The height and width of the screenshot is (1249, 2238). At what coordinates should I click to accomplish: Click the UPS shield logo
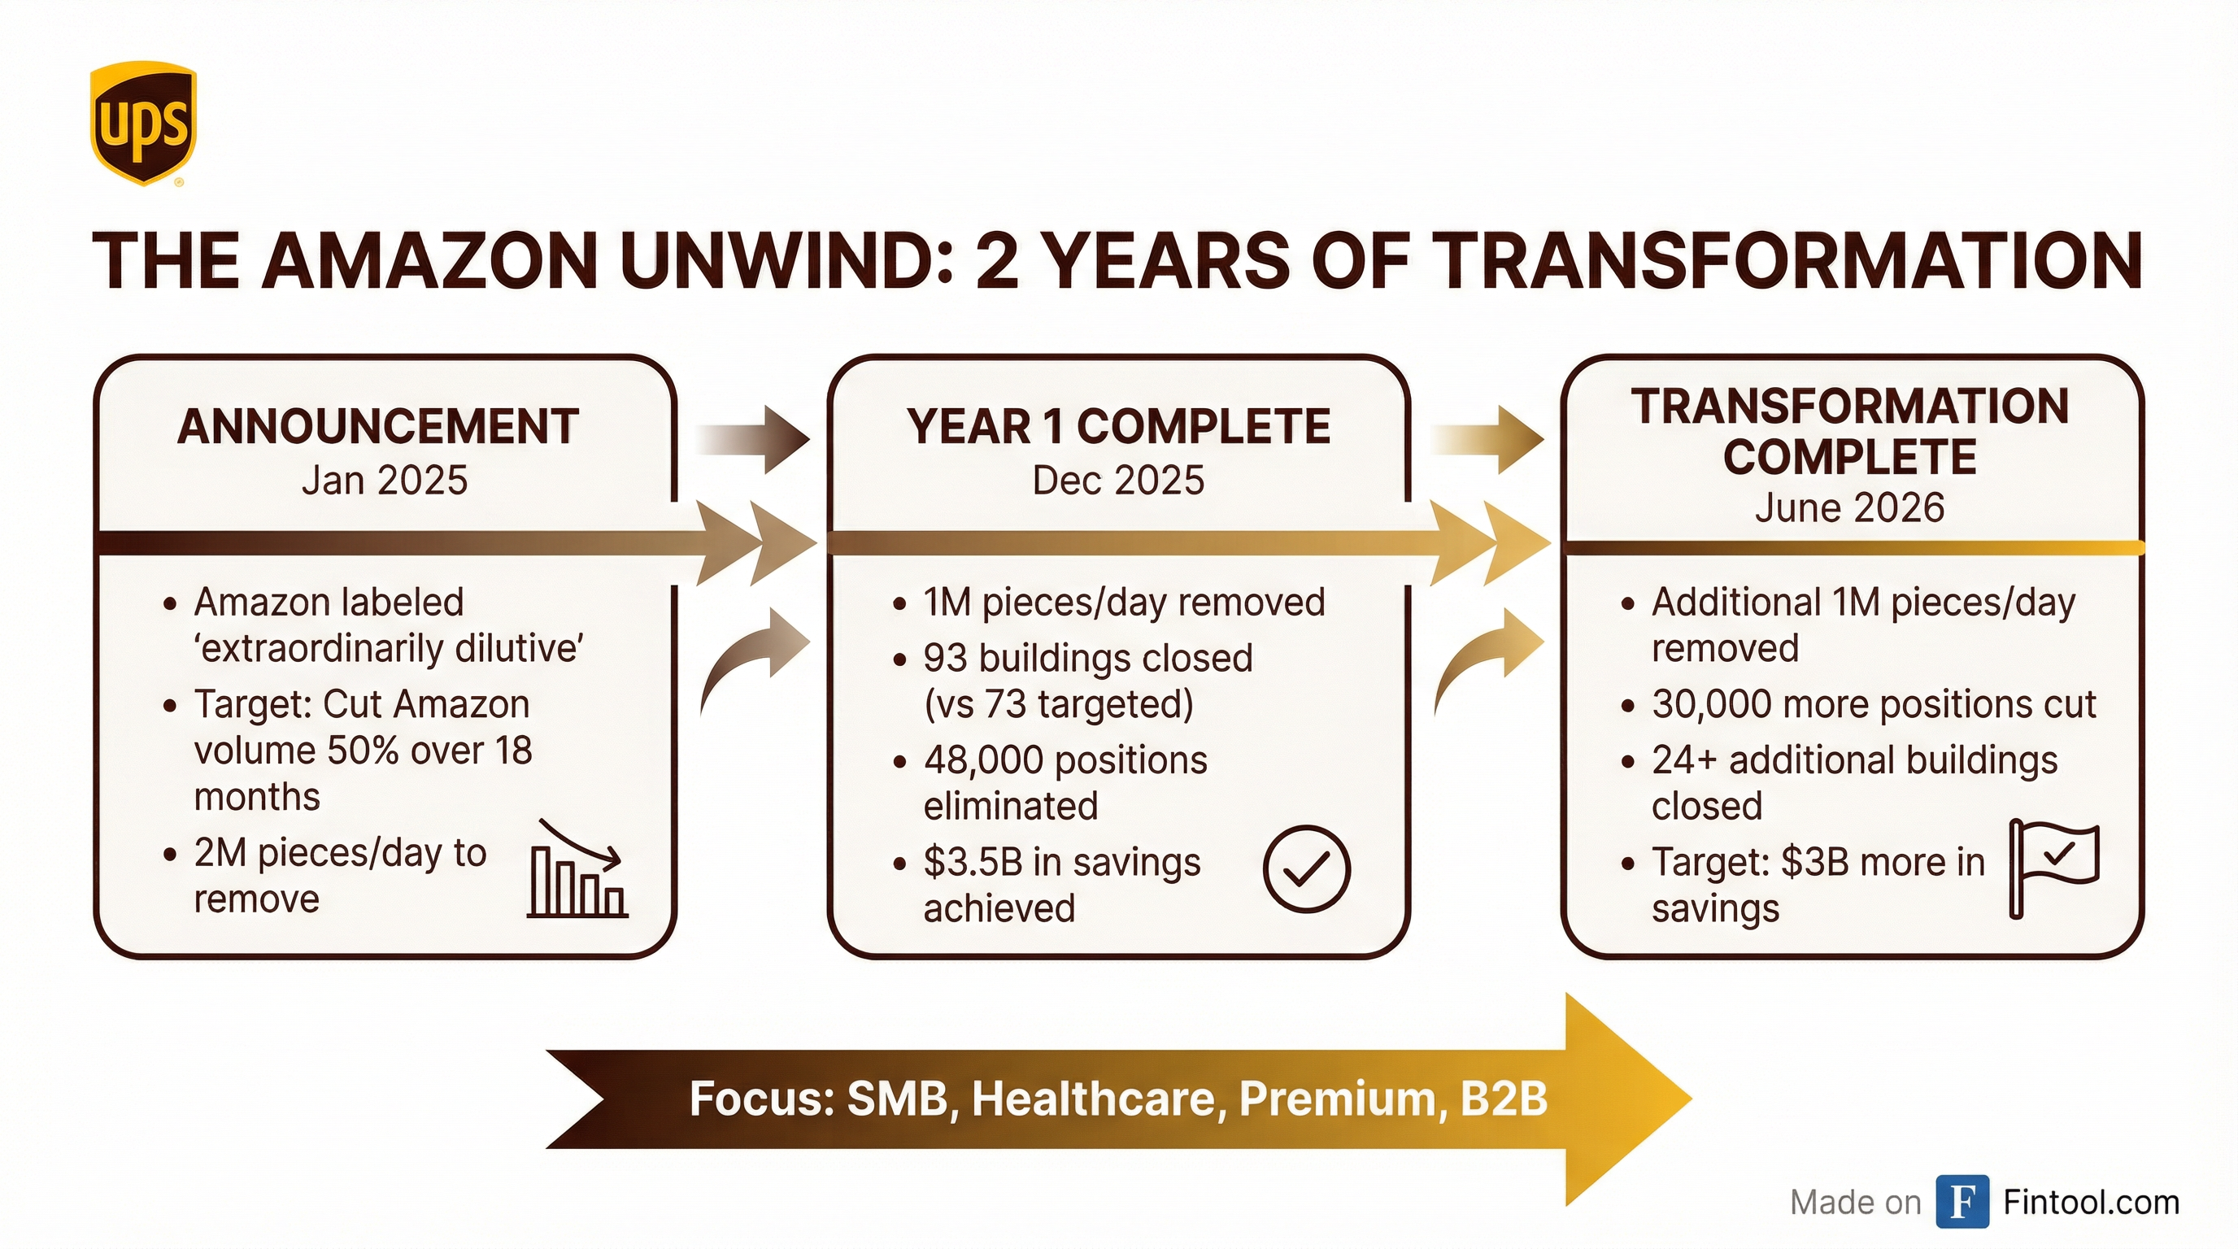pyautogui.click(x=143, y=123)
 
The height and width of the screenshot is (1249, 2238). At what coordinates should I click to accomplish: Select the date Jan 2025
pyautogui.click(x=384, y=481)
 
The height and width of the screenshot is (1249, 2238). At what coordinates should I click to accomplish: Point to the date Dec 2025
pyautogui.click(x=1118, y=481)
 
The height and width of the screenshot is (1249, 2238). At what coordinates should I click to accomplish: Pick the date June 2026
pyautogui.click(x=1849, y=508)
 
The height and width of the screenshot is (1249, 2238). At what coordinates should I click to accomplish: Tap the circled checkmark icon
pyautogui.click(x=1306, y=868)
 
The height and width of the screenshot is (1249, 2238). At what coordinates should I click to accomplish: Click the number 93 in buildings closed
pyautogui.click(x=944, y=659)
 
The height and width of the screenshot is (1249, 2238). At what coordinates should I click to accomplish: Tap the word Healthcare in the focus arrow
pyautogui.click(x=1097, y=1099)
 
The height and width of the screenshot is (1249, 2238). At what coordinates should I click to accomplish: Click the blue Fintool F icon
pyautogui.click(x=1962, y=1202)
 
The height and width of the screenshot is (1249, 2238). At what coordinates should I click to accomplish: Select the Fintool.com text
pyautogui.click(x=2091, y=1202)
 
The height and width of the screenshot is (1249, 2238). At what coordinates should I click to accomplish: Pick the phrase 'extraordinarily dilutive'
pyautogui.click(x=389, y=649)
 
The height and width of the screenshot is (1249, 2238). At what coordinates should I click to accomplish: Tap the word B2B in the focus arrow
pyautogui.click(x=1504, y=1099)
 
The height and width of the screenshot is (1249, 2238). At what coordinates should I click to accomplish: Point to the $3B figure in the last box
pyautogui.click(x=1814, y=863)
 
